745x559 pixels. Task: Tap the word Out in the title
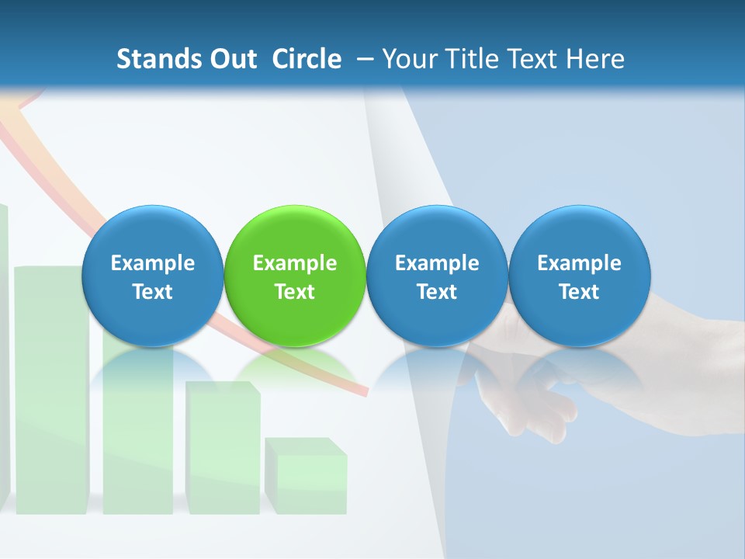(x=230, y=59)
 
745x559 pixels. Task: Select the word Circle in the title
(x=307, y=59)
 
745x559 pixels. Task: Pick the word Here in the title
(x=594, y=59)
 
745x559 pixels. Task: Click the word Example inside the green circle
(x=295, y=263)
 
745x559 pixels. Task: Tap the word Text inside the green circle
(x=295, y=292)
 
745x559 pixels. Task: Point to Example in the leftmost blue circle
(x=153, y=263)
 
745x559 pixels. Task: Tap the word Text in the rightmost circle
(x=580, y=292)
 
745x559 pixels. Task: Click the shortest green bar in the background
(x=306, y=477)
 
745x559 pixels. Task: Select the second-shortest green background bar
(x=223, y=450)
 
